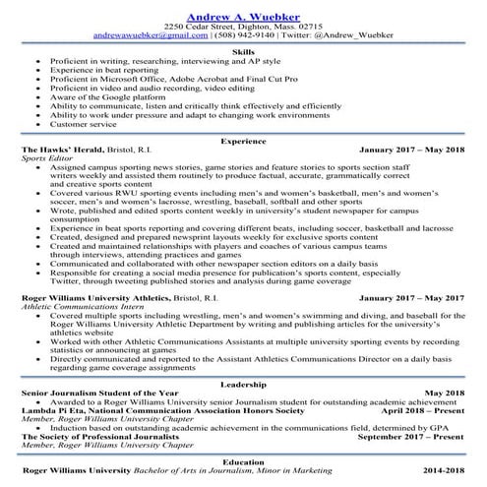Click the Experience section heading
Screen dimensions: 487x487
[242, 143]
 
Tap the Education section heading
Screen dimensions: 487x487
[242, 460]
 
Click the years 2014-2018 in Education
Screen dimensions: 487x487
[444, 471]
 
